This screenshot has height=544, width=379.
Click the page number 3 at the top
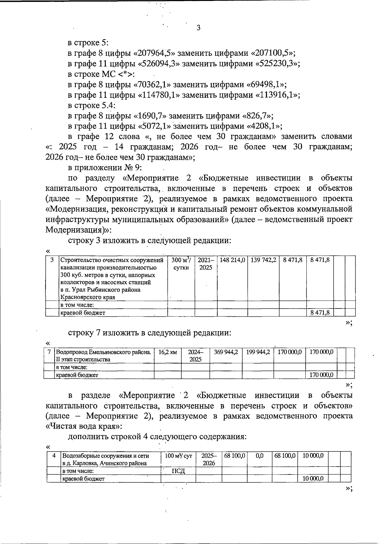pos(198,28)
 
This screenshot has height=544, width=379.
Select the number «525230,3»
pos(276,64)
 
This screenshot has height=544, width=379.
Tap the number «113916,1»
pos(276,95)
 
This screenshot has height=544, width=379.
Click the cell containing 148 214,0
pos(232,260)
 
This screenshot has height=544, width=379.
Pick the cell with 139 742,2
pos(263,260)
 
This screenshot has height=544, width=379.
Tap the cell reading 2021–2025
pos(206,264)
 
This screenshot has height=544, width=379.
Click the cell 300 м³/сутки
pos(181,264)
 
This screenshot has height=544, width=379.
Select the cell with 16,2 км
pos(167,352)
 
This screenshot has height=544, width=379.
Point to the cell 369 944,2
pos(226,352)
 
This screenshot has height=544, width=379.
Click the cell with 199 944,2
pos(258,352)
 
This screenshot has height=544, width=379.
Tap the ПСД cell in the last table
pos(178,471)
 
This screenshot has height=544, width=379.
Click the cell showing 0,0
pos(259,456)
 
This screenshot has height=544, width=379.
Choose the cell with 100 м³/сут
pos(178,456)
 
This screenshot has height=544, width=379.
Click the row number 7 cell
pos(49,352)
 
